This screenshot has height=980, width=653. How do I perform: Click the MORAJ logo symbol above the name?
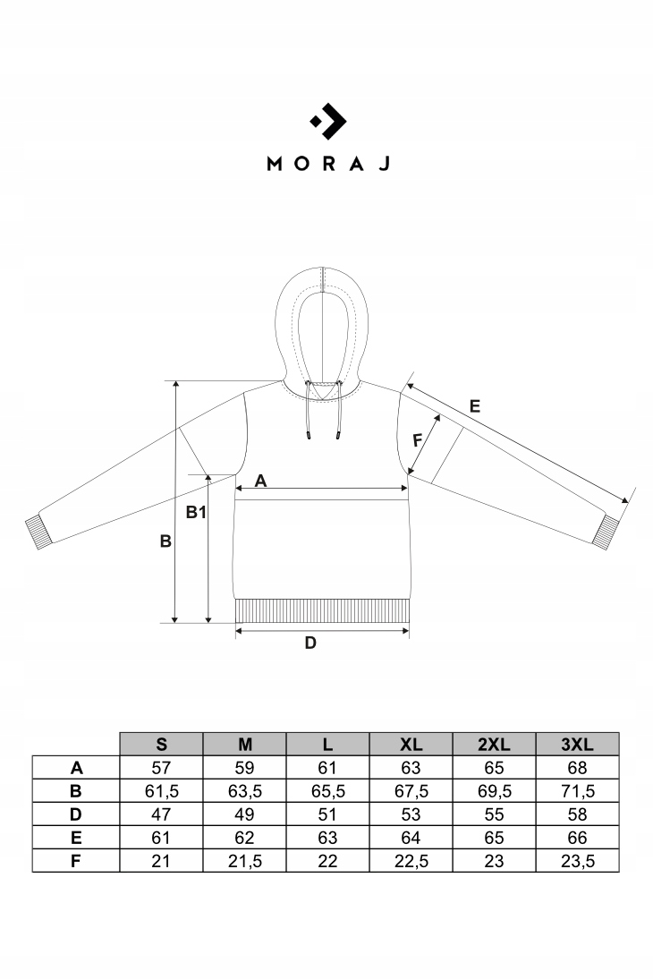click(x=327, y=122)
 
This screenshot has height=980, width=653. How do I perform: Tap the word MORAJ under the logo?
click(x=327, y=164)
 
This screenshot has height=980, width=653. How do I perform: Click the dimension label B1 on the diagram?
click(x=196, y=513)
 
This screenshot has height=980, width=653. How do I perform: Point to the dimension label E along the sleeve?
click(x=475, y=405)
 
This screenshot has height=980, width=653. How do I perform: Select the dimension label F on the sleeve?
click(x=416, y=440)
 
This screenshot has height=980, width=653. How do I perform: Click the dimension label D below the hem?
click(x=310, y=643)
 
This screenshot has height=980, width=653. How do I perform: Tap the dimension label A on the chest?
click(x=261, y=481)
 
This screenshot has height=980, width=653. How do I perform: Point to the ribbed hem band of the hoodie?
click(x=323, y=611)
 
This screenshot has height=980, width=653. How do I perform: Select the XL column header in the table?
click(x=411, y=744)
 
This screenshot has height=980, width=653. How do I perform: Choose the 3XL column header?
click(x=577, y=744)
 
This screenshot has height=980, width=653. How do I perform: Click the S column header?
click(x=161, y=744)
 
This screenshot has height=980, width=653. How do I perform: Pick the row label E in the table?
click(x=76, y=838)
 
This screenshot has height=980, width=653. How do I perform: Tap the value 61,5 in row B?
click(x=161, y=791)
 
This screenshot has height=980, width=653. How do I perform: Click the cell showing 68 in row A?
click(x=577, y=767)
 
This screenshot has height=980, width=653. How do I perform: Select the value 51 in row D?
click(x=327, y=814)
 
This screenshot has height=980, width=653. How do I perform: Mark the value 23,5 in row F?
click(x=577, y=861)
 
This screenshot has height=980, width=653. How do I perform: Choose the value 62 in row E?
click(x=244, y=838)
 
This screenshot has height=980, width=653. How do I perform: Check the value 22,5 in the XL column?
click(x=411, y=861)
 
